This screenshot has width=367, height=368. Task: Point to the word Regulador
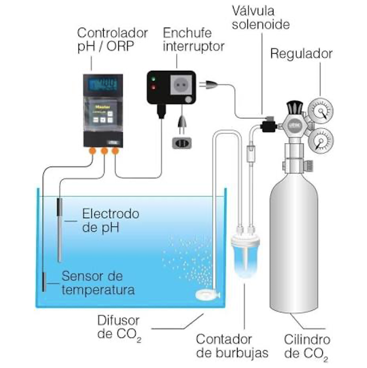pyautogui.click(x=301, y=54)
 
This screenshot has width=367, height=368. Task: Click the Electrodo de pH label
pyautogui.click(x=110, y=220)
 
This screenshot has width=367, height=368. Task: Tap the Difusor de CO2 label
pyautogui.click(x=119, y=326)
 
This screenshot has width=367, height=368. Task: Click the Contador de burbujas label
pyautogui.click(x=232, y=345)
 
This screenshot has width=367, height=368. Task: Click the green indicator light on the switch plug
pyautogui.click(x=153, y=87)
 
